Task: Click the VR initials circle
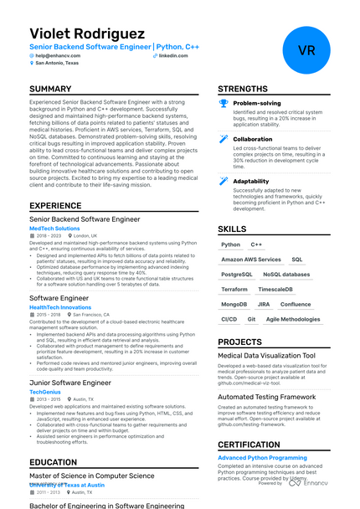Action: [x=306, y=49]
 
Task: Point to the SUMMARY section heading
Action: [x=50, y=89]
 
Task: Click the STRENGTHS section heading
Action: [x=243, y=89]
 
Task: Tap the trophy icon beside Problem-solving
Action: [x=224, y=103]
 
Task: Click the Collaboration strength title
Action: [x=252, y=140]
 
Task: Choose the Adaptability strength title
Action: [x=251, y=181]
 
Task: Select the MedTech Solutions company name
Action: [x=54, y=228]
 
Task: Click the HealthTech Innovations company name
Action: [x=60, y=307]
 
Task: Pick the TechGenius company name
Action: [x=45, y=392]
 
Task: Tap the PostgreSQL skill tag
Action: [x=237, y=274]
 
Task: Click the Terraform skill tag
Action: [x=234, y=289]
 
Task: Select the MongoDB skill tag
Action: [x=234, y=304]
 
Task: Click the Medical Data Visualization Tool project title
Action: [x=266, y=356]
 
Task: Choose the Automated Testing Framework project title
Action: [x=267, y=397]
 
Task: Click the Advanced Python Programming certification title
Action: [x=262, y=458]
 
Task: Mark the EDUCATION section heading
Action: [x=54, y=461]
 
